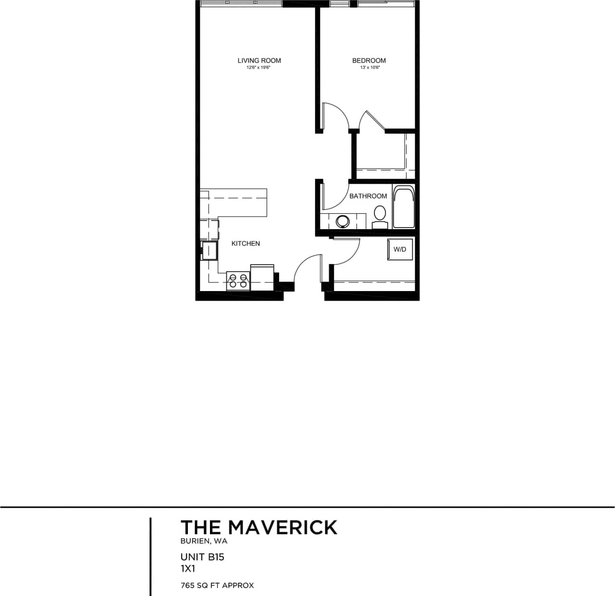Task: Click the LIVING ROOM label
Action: click(x=259, y=61)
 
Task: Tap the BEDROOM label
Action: click(x=369, y=61)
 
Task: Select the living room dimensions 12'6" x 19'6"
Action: click(x=259, y=68)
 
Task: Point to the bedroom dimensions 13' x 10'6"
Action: click(x=369, y=68)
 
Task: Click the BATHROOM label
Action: click(x=368, y=196)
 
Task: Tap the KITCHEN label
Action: click(x=246, y=243)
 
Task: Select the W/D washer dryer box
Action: click(x=400, y=249)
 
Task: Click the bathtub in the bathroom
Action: click(x=404, y=207)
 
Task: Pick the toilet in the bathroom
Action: click(x=380, y=218)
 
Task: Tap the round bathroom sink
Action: click(x=343, y=221)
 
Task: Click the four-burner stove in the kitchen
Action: click(x=238, y=281)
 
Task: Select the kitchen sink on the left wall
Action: click(x=209, y=251)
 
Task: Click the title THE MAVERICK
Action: click(x=258, y=527)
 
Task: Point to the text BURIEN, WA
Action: click(x=204, y=541)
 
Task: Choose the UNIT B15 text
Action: click(x=202, y=557)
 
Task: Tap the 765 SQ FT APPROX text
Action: click(x=217, y=585)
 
